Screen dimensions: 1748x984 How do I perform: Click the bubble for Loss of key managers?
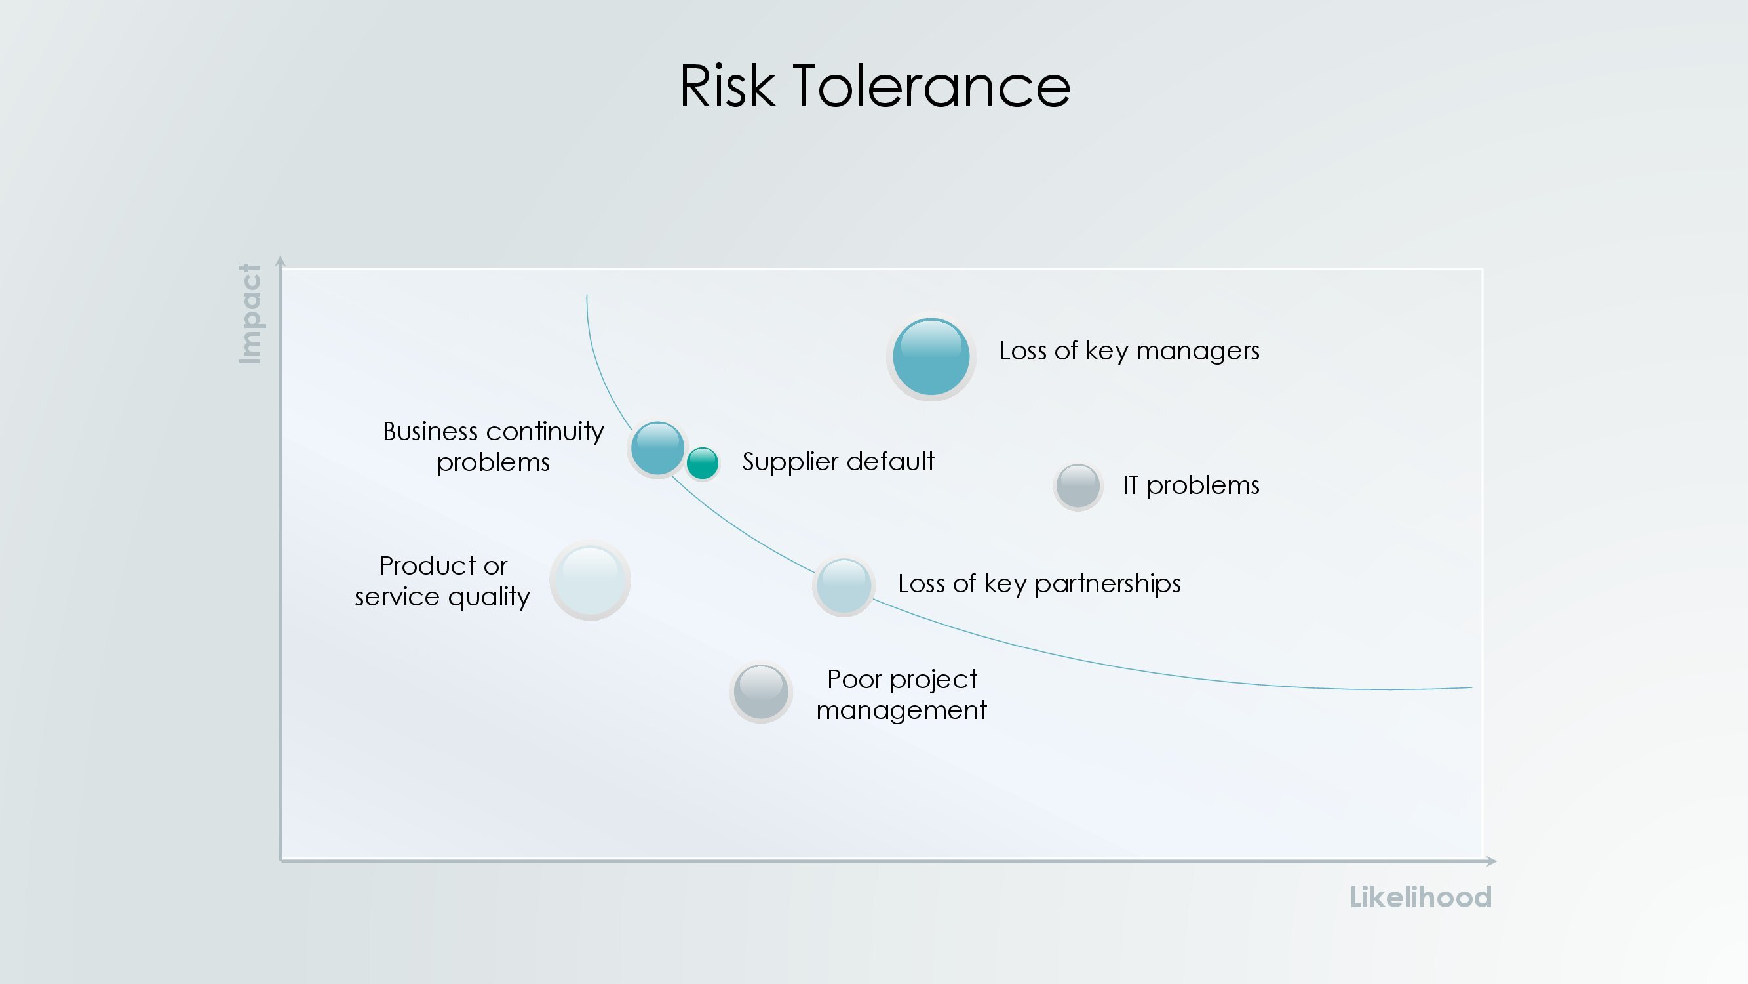[931, 356]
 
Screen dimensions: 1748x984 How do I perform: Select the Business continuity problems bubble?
[657, 448]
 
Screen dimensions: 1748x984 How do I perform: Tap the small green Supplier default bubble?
[703, 463]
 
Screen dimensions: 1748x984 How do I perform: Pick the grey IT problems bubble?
[1078, 486]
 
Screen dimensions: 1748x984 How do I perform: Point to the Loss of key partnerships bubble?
[844, 585]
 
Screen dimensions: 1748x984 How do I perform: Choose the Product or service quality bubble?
[591, 580]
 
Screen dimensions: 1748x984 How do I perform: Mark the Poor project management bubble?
[761, 692]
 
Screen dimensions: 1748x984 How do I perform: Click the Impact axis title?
[250, 314]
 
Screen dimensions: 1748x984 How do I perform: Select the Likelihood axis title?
[1420, 897]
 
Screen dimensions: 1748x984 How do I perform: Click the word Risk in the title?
[727, 86]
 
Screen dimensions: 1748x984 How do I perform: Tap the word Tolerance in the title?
[932, 86]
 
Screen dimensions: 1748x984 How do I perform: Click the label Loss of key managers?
[1129, 351]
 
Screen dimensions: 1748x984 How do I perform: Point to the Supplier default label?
[838, 462]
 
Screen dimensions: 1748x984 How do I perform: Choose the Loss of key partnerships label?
[1039, 584]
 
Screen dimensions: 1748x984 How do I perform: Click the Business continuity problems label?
[494, 447]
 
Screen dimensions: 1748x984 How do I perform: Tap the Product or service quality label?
[442, 581]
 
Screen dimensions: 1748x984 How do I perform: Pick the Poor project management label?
[901, 695]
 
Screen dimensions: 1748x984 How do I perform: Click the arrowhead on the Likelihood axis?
[1492, 861]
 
